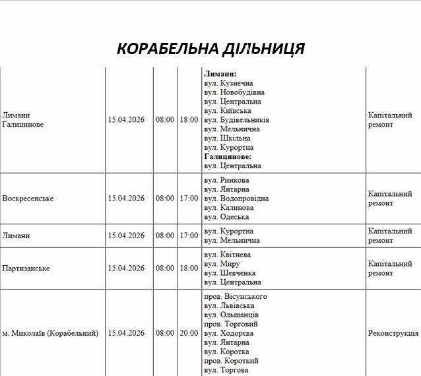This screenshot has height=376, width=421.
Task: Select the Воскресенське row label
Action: tap(28, 199)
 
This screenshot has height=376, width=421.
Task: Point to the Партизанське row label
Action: tap(26, 268)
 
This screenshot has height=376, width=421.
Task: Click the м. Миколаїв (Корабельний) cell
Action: tap(50, 333)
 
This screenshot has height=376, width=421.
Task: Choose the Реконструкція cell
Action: tap(393, 333)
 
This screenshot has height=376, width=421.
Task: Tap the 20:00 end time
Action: tap(188, 333)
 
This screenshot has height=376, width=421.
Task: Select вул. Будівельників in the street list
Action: tap(236, 120)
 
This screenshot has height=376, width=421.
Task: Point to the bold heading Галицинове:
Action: tap(227, 157)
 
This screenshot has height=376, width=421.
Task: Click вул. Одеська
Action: tap(226, 217)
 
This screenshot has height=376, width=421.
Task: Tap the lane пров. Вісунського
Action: tap(236, 296)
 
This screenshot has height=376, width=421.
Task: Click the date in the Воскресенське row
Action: tap(126, 199)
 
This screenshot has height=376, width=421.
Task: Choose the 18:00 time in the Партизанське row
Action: tap(188, 268)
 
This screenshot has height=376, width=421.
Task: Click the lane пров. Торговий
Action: tap(231, 324)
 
